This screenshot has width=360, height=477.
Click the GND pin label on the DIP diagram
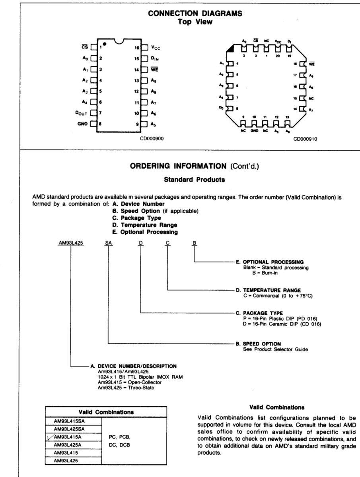pos(83,124)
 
